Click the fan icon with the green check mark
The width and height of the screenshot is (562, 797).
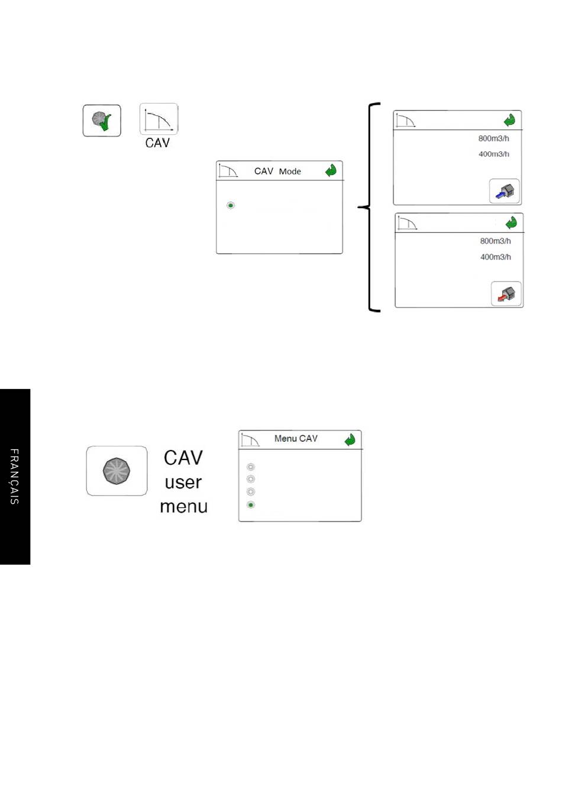[102, 120]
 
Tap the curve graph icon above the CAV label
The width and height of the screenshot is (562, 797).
[159, 119]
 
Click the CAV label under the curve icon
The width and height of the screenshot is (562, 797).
[157, 142]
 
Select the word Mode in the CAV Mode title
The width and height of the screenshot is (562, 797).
[290, 171]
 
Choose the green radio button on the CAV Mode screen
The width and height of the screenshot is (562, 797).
[231, 205]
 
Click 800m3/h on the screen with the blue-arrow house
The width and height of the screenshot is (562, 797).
[493, 138]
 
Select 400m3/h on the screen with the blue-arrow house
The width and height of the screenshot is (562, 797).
[493, 154]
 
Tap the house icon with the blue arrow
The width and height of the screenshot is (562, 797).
[505, 191]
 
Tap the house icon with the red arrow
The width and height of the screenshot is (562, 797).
[506, 293]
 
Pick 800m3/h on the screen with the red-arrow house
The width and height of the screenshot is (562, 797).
[495, 241]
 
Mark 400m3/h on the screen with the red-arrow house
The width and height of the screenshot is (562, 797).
[495, 257]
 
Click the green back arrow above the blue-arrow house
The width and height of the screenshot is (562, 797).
[509, 120]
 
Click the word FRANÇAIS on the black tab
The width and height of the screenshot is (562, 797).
[14, 477]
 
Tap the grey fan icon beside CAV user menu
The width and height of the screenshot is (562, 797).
[117, 471]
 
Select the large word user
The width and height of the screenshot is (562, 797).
[183, 482]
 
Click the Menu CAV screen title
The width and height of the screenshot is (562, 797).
[296, 438]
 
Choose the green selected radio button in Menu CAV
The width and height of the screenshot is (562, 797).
[251, 504]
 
